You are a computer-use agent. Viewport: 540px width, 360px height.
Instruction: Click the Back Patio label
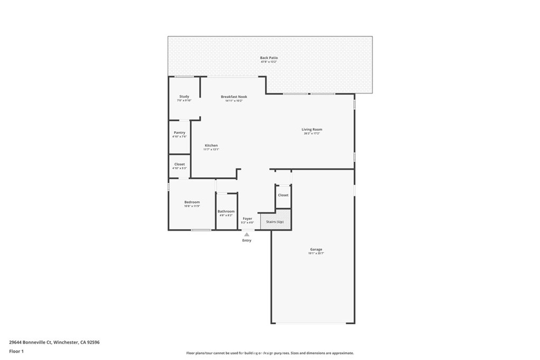tap(268, 57)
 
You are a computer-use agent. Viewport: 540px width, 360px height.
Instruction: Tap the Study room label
tap(184, 96)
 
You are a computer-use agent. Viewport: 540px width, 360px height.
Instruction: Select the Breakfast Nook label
tap(234, 96)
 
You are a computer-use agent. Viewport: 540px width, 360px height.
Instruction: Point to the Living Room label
tap(312, 129)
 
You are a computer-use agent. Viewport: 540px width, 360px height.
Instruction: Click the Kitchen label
tap(211, 145)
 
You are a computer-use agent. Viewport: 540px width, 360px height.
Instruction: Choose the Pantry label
tap(179, 132)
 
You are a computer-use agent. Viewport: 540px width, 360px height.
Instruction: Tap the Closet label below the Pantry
tap(179, 164)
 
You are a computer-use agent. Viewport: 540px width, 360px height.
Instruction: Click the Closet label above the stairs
tap(283, 195)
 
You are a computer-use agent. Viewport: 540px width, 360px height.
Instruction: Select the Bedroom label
tap(192, 202)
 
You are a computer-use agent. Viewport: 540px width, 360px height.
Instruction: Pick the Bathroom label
tap(226, 211)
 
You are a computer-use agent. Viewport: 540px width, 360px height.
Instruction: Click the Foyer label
tap(247, 218)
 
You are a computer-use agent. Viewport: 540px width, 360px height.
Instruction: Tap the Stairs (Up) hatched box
tap(275, 220)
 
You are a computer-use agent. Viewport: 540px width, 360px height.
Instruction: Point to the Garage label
tap(316, 249)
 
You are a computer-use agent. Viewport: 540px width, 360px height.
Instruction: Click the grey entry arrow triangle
tap(247, 234)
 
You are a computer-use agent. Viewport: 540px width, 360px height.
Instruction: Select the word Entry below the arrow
tap(247, 240)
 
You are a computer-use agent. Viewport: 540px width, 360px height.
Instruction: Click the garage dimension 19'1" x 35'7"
tap(316, 254)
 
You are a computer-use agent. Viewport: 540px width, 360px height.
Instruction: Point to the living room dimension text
tap(312, 133)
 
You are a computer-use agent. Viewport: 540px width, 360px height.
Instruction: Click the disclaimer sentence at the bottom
tap(269, 353)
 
